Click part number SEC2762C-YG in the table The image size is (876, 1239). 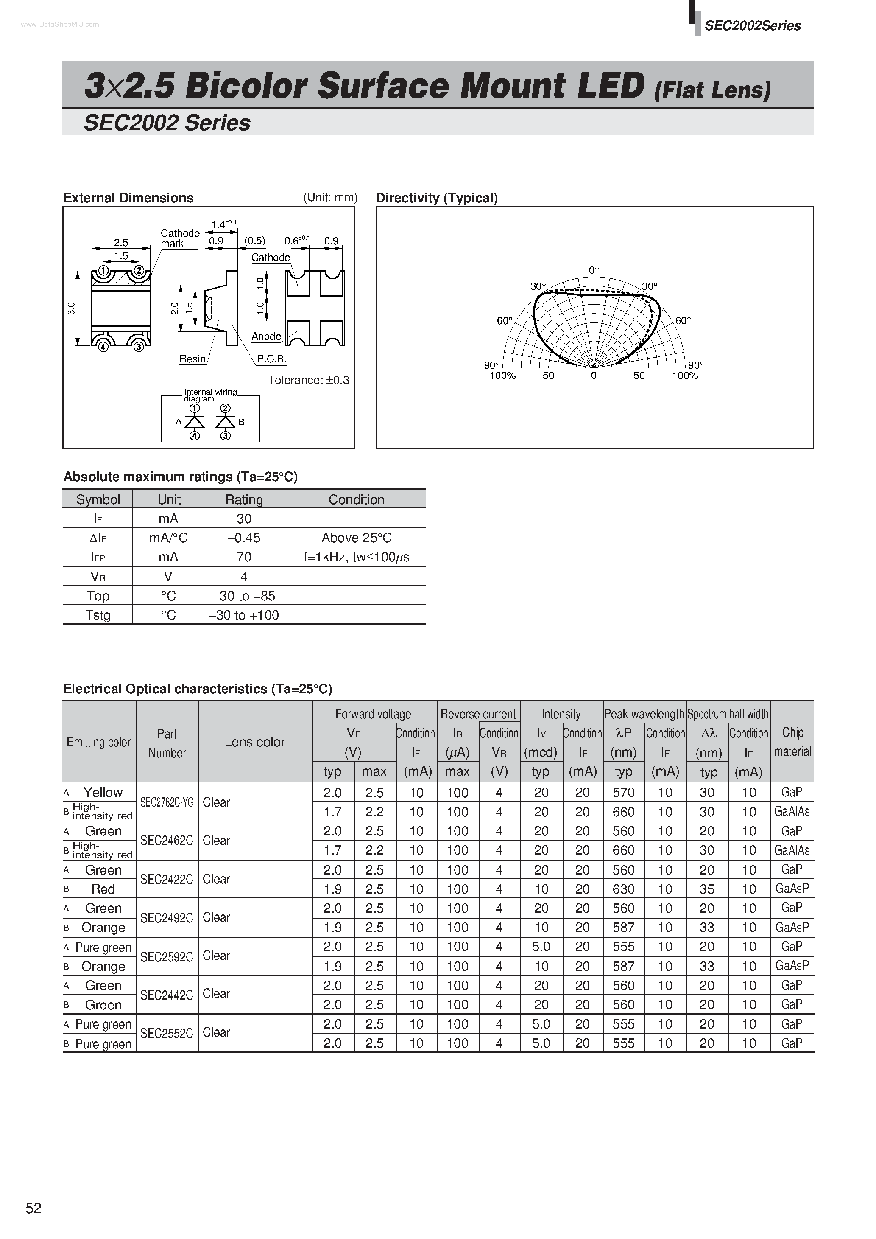point(167,802)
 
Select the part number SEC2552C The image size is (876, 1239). point(167,1032)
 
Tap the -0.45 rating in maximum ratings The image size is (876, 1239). point(244,538)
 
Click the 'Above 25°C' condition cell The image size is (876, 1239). point(356,538)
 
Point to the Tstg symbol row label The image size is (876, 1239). point(98,615)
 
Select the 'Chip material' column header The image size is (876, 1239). point(792,741)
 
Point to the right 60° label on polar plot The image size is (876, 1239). point(683,320)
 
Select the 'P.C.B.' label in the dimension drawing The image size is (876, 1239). point(271,359)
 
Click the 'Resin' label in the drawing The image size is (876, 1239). point(192,359)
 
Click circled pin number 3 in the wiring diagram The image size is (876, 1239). point(226,435)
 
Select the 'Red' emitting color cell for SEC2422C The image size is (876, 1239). point(103,889)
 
